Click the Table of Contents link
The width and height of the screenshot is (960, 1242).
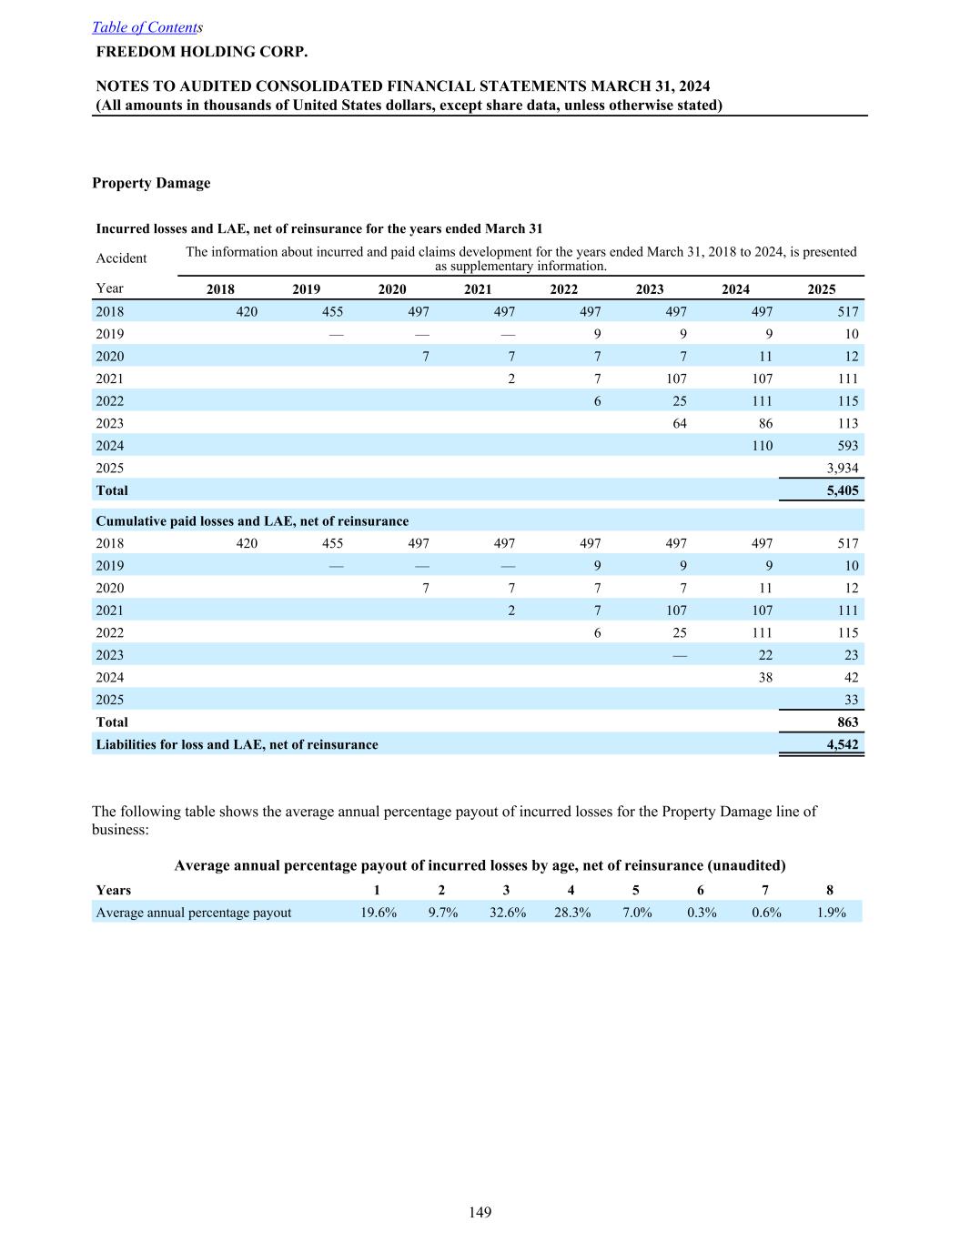pyautogui.click(x=146, y=27)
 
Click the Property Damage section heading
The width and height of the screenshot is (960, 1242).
pyautogui.click(x=151, y=183)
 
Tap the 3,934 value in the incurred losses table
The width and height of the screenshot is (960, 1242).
pyautogui.click(x=842, y=468)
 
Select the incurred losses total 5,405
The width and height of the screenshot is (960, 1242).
pyautogui.click(x=842, y=490)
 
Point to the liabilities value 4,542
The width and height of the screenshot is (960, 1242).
pyautogui.click(x=842, y=744)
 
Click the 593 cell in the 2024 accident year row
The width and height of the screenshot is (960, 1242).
pyautogui.click(x=847, y=446)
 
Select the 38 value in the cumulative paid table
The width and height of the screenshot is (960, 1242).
pyautogui.click(x=765, y=677)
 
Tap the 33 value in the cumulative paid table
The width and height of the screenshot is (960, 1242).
pyautogui.click(x=851, y=700)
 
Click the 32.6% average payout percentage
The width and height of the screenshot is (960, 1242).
pyautogui.click(x=508, y=913)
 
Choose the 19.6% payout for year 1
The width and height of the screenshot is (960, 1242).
pyautogui.click(x=379, y=913)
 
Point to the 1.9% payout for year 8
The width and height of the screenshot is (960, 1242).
pyautogui.click(x=831, y=913)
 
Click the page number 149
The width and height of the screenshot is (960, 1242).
pyautogui.click(x=480, y=1212)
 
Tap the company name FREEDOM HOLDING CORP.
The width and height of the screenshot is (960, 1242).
pyautogui.click(x=202, y=51)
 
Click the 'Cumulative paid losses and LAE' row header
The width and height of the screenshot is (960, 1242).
pyautogui.click(x=252, y=521)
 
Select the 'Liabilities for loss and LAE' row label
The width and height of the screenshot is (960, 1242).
pyautogui.click(x=237, y=744)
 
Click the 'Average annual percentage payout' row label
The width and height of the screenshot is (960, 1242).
pyautogui.click(x=194, y=913)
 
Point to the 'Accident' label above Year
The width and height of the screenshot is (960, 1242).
pyautogui.click(x=121, y=258)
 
